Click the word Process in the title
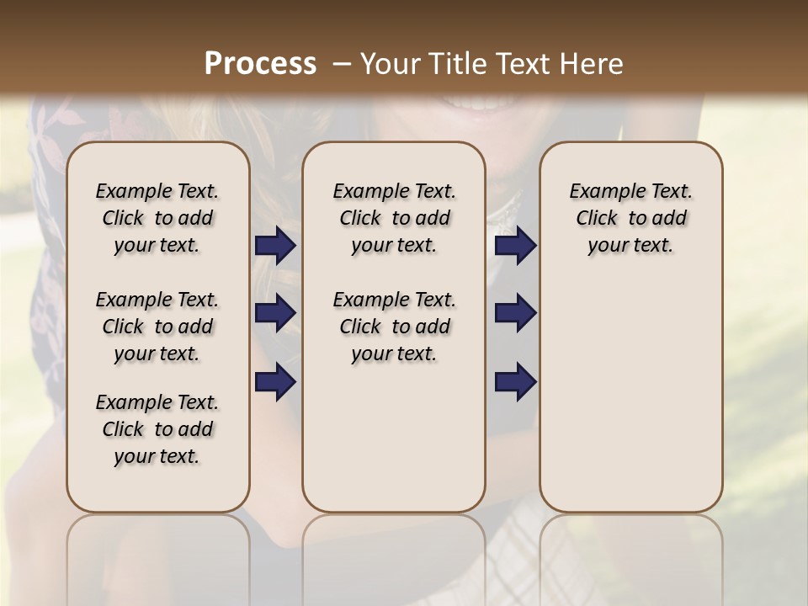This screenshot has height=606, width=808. click(x=260, y=64)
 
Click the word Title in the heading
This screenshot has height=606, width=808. click(x=454, y=64)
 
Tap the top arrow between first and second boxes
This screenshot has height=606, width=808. click(x=275, y=246)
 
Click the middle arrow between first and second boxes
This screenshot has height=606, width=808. click(x=275, y=313)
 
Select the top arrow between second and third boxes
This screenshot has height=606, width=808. click(x=515, y=246)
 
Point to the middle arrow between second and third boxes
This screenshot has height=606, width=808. click(x=515, y=313)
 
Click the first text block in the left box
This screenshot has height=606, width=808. click(x=157, y=218)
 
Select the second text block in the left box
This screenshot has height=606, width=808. click(x=157, y=327)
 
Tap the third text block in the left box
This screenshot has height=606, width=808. click(x=157, y=429)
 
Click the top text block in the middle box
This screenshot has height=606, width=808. click(x=394, y=218)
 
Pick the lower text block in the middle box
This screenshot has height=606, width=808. click(x=394, y=327)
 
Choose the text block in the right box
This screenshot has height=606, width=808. click(x=630, y=218)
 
